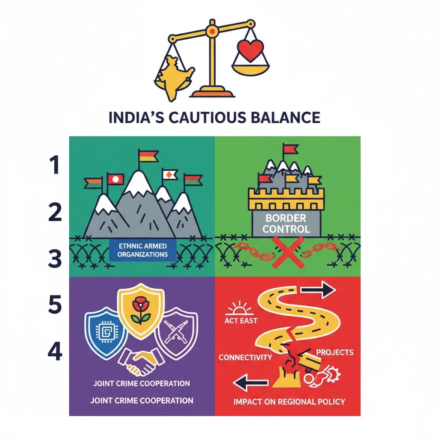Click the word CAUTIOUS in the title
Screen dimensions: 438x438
pos(207,117)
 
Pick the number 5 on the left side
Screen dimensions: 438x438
pos(55,304)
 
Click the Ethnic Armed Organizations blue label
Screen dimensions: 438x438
pos(143,250)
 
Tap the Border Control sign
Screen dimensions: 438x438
pos(286,224)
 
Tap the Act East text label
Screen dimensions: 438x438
pos(241,320)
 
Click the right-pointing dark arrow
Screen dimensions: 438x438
pos(318,290)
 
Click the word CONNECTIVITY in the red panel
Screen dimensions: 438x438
pos(245,357)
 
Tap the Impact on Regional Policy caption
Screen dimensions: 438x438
pos(289,402)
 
